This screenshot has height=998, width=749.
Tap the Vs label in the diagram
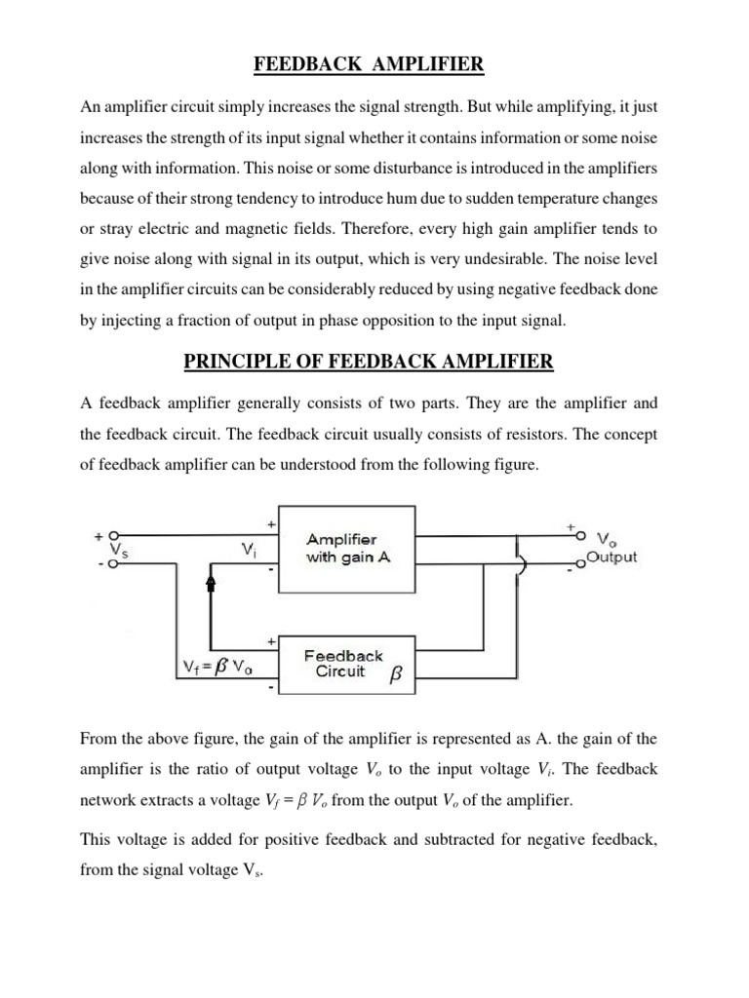(x=116, y=551)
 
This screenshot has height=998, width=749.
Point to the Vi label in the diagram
(x=250, y=551)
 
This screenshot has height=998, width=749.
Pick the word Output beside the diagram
(x=612, y=557)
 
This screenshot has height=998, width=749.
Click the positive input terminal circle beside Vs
(x=114, y=535)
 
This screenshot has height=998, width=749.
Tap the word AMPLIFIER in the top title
(x=433, y=65)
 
